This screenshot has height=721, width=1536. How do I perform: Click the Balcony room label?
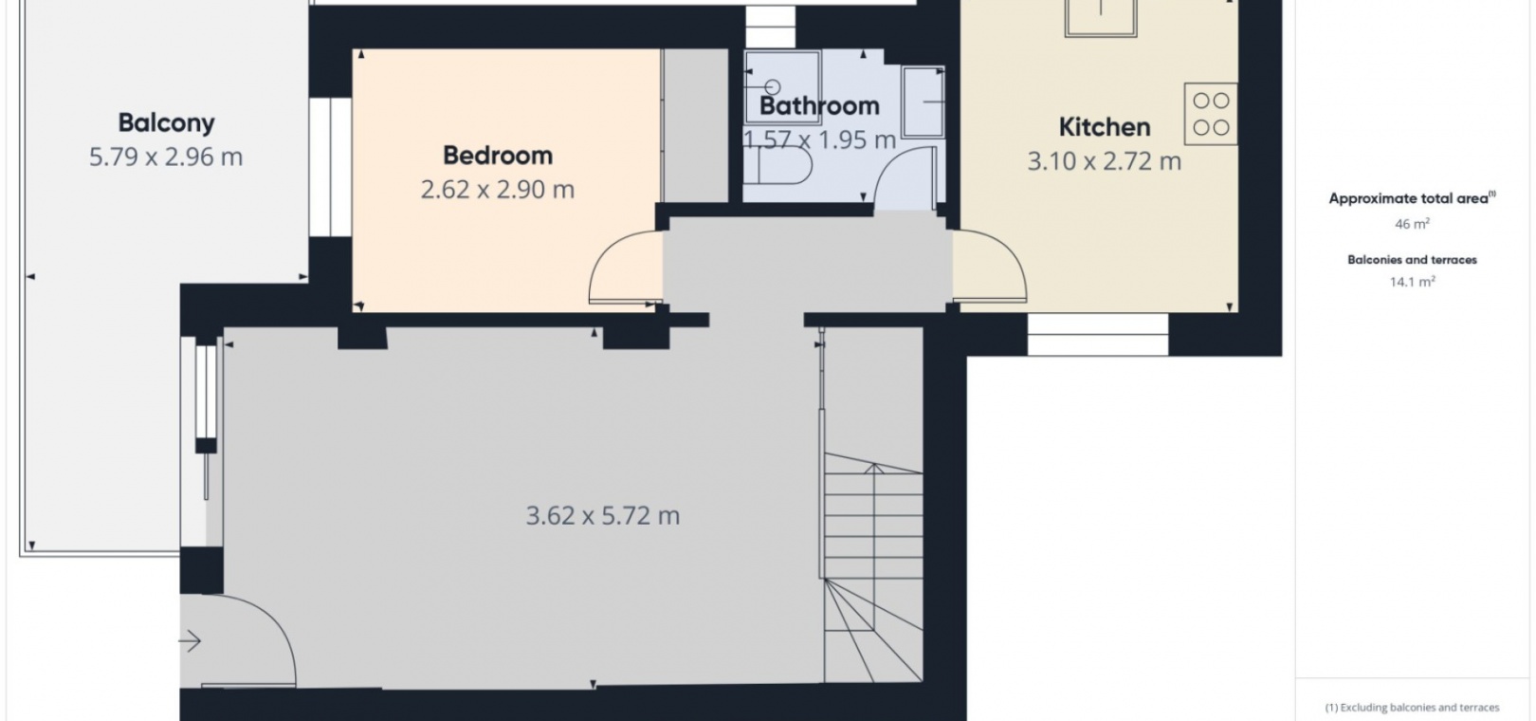[x=166, y=122]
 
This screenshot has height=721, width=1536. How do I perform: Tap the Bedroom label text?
[x=498, y=156]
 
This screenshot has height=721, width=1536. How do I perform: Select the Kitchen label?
[x=1104, y=127]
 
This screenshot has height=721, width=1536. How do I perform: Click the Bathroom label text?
[x=819, y=105]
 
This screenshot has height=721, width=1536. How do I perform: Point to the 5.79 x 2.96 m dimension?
[x=166, y=157]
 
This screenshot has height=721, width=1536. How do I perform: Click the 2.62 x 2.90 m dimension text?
[x=498, y=190]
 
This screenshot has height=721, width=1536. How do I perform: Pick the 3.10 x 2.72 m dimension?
[x=1104, y=161]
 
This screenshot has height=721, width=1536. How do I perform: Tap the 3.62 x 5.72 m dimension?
[x=603, y=516]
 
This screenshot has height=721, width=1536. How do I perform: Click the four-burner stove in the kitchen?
[x=1211, y=114]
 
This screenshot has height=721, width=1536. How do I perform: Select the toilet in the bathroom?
[x=777, y=165]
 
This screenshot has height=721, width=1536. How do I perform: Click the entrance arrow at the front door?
[x=190, y=641]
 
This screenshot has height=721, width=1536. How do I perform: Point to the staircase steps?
[x=873, y=567]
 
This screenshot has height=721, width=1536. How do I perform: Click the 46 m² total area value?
[x=1412, y=224]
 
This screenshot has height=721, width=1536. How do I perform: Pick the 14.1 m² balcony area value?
[x=1412, y=281]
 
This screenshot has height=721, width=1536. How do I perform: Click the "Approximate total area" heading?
[x=1412, y=198]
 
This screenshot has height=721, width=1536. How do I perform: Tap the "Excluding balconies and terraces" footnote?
[x=1412, y=708]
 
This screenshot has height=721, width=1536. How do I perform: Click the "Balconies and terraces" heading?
[x=1412, y=260]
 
